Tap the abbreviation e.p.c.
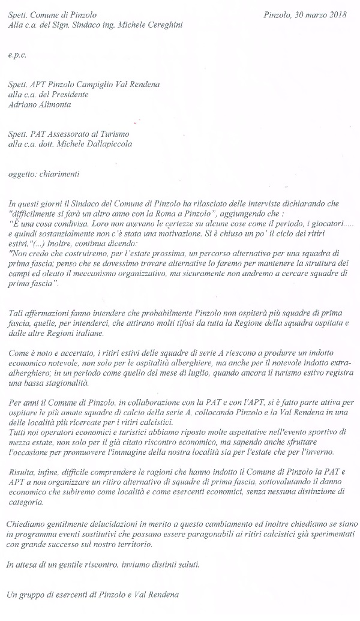pyautogui.click(x=17, y=55)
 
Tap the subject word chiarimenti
pyautogui.click(x=58, y=174)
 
